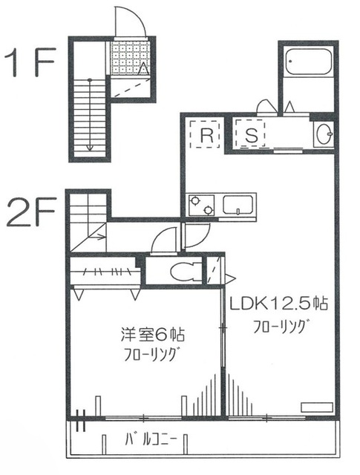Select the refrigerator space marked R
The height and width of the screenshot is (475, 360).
204,135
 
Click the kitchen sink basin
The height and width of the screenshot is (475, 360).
238,204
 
